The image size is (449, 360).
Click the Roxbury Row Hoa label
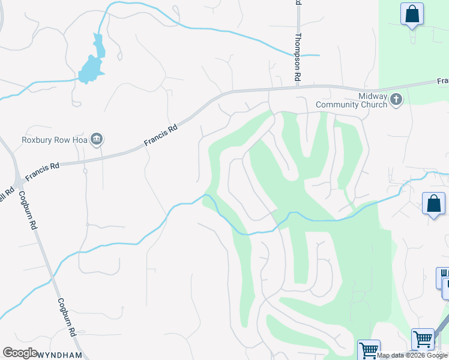[x=55, y=140]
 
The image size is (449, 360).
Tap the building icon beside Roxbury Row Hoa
[x=96, y=140]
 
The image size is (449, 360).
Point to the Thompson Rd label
[x=297, y=58]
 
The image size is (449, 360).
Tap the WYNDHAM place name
[x=61, y=355]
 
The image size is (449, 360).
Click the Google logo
[x=20, y=353]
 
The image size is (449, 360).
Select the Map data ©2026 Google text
[x=412, y=355]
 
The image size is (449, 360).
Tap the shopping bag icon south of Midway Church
[x=433, y=204]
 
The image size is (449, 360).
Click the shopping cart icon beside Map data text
[x=369, y=350]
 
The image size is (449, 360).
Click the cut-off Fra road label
[x=443, y=81]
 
